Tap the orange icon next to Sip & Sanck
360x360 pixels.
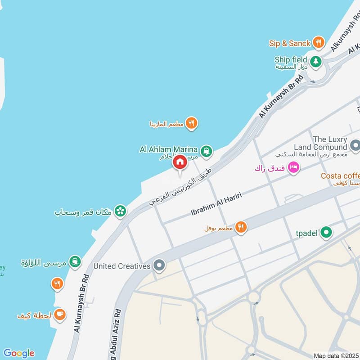pos(319,43)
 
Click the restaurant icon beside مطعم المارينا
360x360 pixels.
pos(192,123)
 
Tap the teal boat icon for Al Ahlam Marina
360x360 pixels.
pos(207,151)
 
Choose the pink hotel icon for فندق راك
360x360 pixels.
pos(293,167)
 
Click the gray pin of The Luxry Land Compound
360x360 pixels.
pos(355,146)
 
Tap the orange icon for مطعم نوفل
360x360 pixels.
pos(241,228)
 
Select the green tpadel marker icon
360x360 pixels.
pos(327,233)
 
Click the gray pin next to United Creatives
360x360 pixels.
pos(158,265)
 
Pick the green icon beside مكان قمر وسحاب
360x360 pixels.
pos(120,211)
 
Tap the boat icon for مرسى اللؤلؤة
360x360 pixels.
pos(75,261)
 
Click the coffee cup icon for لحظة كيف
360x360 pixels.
pos(59,315)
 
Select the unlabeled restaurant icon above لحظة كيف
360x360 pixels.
pos(57,284)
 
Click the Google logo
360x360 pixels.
pos(18,353)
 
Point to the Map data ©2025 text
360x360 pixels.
pos(336,355)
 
